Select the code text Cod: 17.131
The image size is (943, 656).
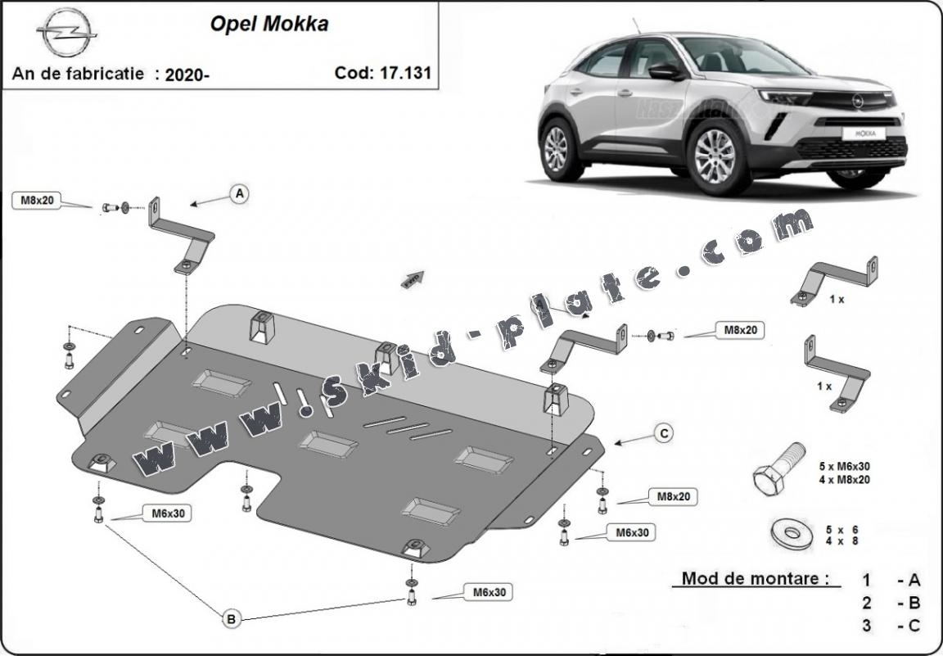(x=382, y=72)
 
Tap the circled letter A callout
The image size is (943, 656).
(x=239, y=193)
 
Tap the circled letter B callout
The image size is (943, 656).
(x=231, y=619)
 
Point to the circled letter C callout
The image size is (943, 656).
(x=664, y=433)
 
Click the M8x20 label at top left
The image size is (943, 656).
(x=38, y=199)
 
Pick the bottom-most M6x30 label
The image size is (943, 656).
(x=490, y=591)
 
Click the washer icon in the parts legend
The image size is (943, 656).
(x=791, y=532)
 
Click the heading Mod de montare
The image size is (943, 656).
(x=750, y=579)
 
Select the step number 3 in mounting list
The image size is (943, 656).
(x=865, y=627)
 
